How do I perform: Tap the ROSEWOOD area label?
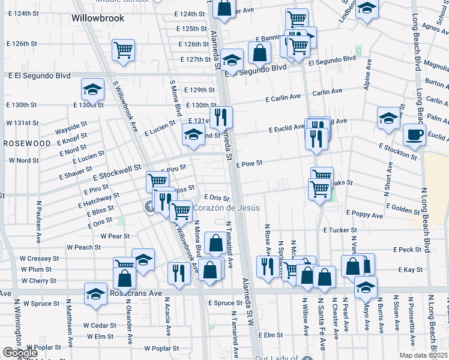click(x=28, y=143)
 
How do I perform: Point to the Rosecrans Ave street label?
click(x=136, y=293)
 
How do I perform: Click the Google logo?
click(x=19, y=353)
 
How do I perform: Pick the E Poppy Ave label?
click(x=364, y=215)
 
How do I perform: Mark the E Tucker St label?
click(x=340, y=230)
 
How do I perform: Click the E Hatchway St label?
click(x=98, y=200)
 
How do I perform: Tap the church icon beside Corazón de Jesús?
click(x=149, y=207)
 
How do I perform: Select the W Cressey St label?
click(x=40, y=258)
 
